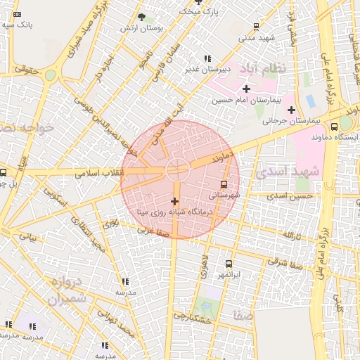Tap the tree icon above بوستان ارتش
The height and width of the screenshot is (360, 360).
[x=142, y=17]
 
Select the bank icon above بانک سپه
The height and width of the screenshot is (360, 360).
[x=18, y=15]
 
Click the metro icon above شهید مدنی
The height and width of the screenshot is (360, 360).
[x=255, y=27]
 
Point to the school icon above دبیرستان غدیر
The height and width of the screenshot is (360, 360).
[x=206, y=58]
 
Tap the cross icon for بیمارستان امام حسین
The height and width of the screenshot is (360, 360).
[x=246, y=89]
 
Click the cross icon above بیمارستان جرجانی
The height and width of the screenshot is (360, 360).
[x=290, y=110]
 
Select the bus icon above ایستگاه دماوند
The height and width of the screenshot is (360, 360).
[x=334, y=127]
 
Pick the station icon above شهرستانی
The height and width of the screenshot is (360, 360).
[x=224, y=185]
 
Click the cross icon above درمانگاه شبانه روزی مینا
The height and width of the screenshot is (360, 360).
[x=175, y=202]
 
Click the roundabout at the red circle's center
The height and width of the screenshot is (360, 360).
[x=176, y=169]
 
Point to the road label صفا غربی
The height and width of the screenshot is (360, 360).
[x=153, y=230]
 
